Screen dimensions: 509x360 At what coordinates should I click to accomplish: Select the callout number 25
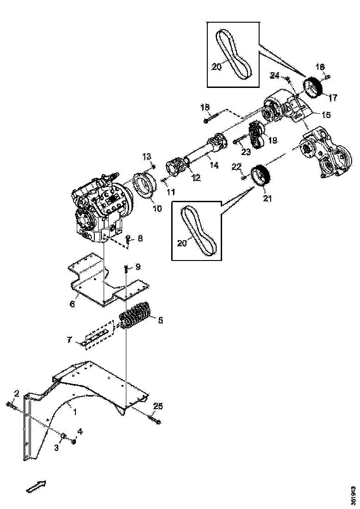click(158, 406)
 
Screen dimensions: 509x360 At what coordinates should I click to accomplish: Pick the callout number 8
click(140, 239)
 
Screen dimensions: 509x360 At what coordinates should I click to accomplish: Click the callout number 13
click(147, 155)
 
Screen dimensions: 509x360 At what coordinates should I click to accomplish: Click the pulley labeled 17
click(313, 88)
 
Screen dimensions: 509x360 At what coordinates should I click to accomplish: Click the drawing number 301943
click(353, 494)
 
